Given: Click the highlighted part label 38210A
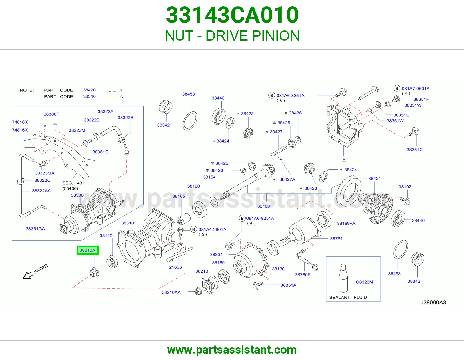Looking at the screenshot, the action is (x=87, y=250).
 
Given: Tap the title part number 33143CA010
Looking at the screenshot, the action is (x=232, y=15).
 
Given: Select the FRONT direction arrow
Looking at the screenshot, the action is (x=28, y=275).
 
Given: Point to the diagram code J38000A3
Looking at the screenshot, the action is (x=433, y=303).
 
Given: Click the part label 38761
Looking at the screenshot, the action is (x=336, y=239).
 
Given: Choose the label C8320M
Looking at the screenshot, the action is (x=364, y=282).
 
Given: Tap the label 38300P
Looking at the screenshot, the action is (x=51, y=114).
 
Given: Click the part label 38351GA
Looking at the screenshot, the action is (x=35, y=229).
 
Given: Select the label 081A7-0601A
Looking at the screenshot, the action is (x=416, y=89).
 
